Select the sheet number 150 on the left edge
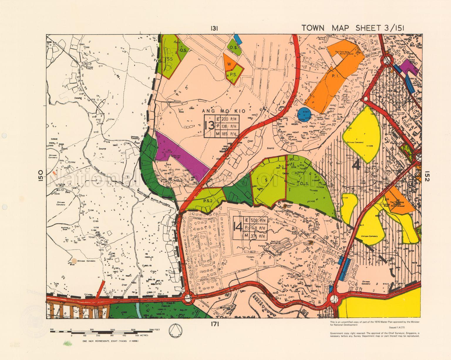tap(41, 177)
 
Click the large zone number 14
tap(237, 227)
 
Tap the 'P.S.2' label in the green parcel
tap(208, 201)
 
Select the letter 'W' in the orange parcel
tap(230, 64)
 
